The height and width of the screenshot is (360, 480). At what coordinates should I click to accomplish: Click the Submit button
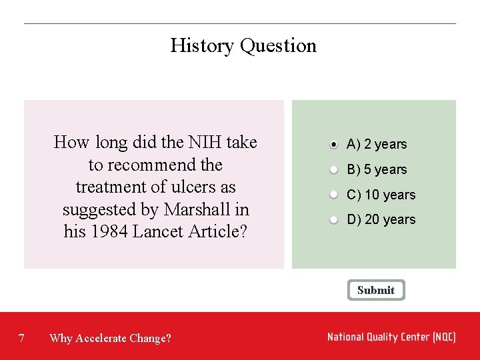(376, 290)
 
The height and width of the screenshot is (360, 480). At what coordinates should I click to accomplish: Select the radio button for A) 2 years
(333, 144)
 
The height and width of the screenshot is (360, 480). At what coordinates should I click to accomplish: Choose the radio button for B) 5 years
(333, 169)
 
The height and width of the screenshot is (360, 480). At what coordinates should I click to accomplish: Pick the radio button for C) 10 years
(333, 195)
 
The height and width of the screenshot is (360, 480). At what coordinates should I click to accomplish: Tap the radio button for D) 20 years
(333, 219)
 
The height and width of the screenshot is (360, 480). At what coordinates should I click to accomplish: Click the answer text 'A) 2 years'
(377, 144)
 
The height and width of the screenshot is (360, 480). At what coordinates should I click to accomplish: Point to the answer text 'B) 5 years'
(377, 169)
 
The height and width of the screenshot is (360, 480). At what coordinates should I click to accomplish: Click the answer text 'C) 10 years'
(381, 195)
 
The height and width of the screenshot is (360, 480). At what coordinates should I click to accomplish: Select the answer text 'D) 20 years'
(381, 219)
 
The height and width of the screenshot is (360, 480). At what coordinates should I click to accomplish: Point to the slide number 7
(22, 338)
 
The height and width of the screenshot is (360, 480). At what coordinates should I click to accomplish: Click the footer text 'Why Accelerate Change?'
(110, 338)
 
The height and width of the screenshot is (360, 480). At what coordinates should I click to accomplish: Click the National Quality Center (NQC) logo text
(391, 337)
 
